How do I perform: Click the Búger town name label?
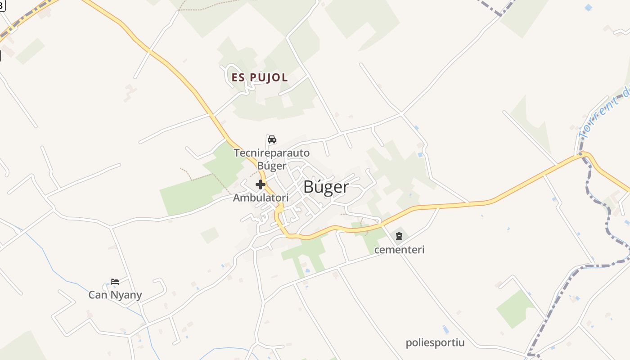coord(326,187)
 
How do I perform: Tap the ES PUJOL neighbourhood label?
coord(260,77)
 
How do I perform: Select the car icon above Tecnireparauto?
coord(272,139)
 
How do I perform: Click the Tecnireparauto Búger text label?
coord(272,159)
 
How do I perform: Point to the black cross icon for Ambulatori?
coord(261,184)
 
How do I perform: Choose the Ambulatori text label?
coord(261,198)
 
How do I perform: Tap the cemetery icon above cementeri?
coord(399,236)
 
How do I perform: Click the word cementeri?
coord(399,249)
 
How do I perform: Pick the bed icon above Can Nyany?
coord(115,282)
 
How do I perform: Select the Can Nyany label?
coord(115,295)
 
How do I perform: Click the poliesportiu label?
coord(435,343)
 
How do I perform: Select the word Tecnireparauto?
coord(272,153)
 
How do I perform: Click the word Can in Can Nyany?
coord(97,295)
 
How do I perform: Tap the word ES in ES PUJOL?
coord(238,77)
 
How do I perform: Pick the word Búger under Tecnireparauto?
coord(272,166)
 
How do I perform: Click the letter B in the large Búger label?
coord(309,187)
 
